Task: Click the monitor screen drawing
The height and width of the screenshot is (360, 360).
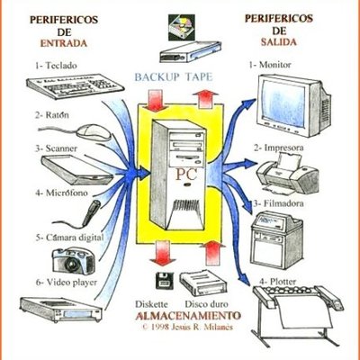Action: tap(286, 99)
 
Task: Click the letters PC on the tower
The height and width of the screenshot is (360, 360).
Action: tap(185, 172)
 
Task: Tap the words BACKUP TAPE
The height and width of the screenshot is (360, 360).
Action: tap(175, 78)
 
